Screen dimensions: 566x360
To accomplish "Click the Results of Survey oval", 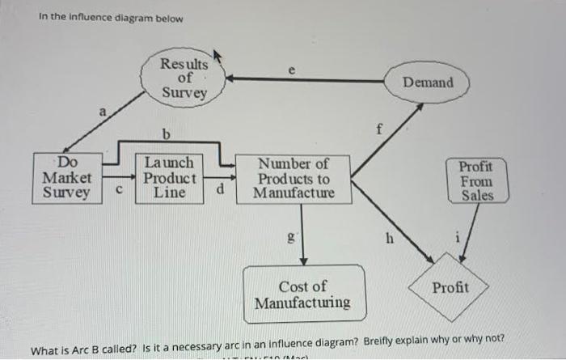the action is point(184,78).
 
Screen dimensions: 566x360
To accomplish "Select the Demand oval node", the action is point(428,83).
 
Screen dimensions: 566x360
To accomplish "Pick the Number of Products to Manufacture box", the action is point(293,179).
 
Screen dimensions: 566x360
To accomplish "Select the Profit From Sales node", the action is point(477,180).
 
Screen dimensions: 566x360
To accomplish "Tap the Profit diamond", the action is point(450,287).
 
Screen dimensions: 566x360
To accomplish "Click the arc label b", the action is point(166,133).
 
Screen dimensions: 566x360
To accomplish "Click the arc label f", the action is point(378,129).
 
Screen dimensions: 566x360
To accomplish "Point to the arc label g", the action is point(293,239).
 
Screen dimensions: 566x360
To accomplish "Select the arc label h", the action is point(390,239).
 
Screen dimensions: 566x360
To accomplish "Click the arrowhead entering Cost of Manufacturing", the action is point(303,260).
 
